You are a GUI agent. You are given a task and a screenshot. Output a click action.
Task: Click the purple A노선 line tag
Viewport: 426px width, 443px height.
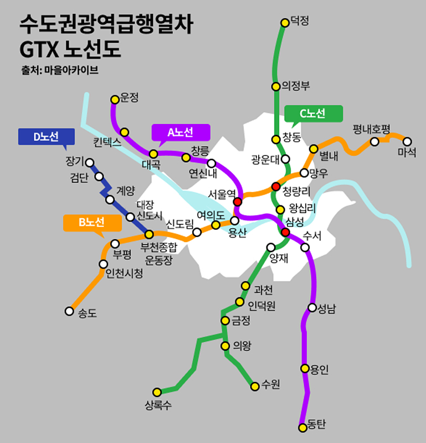[181, 132]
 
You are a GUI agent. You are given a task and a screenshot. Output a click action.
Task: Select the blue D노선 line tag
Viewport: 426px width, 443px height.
[46, 137]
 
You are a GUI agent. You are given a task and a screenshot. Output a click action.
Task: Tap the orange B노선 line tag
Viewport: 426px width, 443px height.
[92, 223]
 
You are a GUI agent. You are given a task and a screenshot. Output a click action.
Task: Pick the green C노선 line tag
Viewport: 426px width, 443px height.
[313, 114]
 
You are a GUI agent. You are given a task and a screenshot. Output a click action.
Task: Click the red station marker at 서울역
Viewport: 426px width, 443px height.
[238, 202]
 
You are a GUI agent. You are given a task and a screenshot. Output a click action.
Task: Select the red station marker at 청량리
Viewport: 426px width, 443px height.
[275, 186]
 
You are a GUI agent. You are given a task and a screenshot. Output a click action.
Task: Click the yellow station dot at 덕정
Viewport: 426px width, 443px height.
[285, 23]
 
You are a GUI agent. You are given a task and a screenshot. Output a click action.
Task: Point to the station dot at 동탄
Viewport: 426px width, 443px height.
[302, 427]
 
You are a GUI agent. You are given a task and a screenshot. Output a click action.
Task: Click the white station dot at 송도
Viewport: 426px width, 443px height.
[69, 311]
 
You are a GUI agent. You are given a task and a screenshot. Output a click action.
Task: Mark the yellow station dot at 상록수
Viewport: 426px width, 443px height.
[157, 392]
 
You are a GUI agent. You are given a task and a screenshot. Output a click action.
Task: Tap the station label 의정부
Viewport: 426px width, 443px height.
[296, 86]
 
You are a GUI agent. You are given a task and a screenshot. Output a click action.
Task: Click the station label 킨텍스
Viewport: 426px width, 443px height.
[107, 142]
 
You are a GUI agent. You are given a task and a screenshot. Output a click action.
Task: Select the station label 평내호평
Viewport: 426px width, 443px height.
[372, 130]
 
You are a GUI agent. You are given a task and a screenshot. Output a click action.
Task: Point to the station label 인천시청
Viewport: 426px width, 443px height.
[124, 274]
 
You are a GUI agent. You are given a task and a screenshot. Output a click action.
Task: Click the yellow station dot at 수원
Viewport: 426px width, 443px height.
[255, 387]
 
